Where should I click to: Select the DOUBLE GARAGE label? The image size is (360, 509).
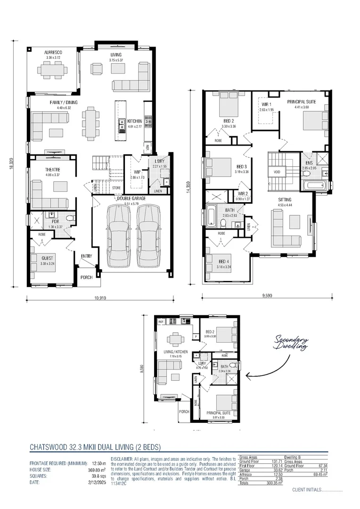pyautogui.click(x=131, y=199)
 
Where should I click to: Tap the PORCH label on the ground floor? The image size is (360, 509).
pyautogui.click(x=87, y=277)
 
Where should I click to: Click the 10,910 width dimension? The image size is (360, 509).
pyautogui.click(x=100, y=298)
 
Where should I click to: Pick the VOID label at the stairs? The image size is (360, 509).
pyautogui.click(x=277, y=172)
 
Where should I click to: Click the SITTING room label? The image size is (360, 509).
pyautogui.click(x=285, y=199)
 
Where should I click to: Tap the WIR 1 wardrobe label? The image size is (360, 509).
pyautogui.click(x=266, y=105)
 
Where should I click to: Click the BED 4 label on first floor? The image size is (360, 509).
pyautogui.click(x=224, y=262)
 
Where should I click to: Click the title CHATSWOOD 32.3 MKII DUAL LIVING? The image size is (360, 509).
pyautogui.click(x=95, y=446)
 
